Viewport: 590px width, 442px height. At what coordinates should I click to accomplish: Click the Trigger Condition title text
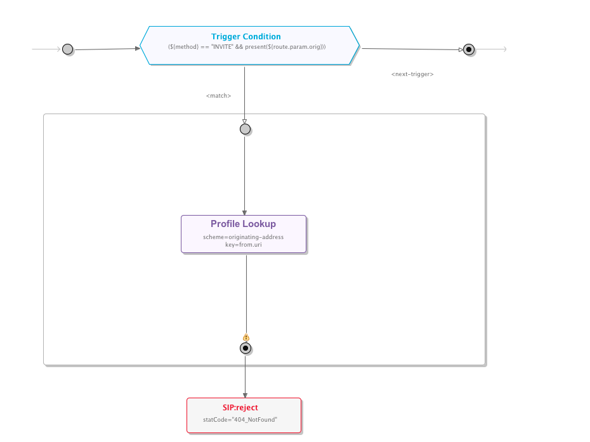246,37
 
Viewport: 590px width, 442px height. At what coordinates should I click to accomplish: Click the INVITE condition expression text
247,47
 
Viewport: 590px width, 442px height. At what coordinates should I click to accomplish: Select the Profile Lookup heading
243,224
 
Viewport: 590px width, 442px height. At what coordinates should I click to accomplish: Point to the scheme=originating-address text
243,237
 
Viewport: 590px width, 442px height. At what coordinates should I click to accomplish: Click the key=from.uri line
243,244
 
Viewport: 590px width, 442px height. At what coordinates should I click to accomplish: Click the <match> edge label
218,96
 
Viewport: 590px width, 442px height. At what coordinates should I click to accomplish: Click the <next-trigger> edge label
412,74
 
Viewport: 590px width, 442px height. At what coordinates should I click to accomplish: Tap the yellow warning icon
246,337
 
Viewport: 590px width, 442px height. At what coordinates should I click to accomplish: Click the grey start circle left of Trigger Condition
67,49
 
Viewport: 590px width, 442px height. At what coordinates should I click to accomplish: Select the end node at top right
469,49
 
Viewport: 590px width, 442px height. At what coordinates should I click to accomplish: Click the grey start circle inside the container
245,129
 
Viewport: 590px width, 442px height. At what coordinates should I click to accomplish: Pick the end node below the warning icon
246,348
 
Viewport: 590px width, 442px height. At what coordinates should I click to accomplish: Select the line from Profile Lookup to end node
246,292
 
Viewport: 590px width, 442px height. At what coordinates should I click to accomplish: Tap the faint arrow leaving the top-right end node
492,49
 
